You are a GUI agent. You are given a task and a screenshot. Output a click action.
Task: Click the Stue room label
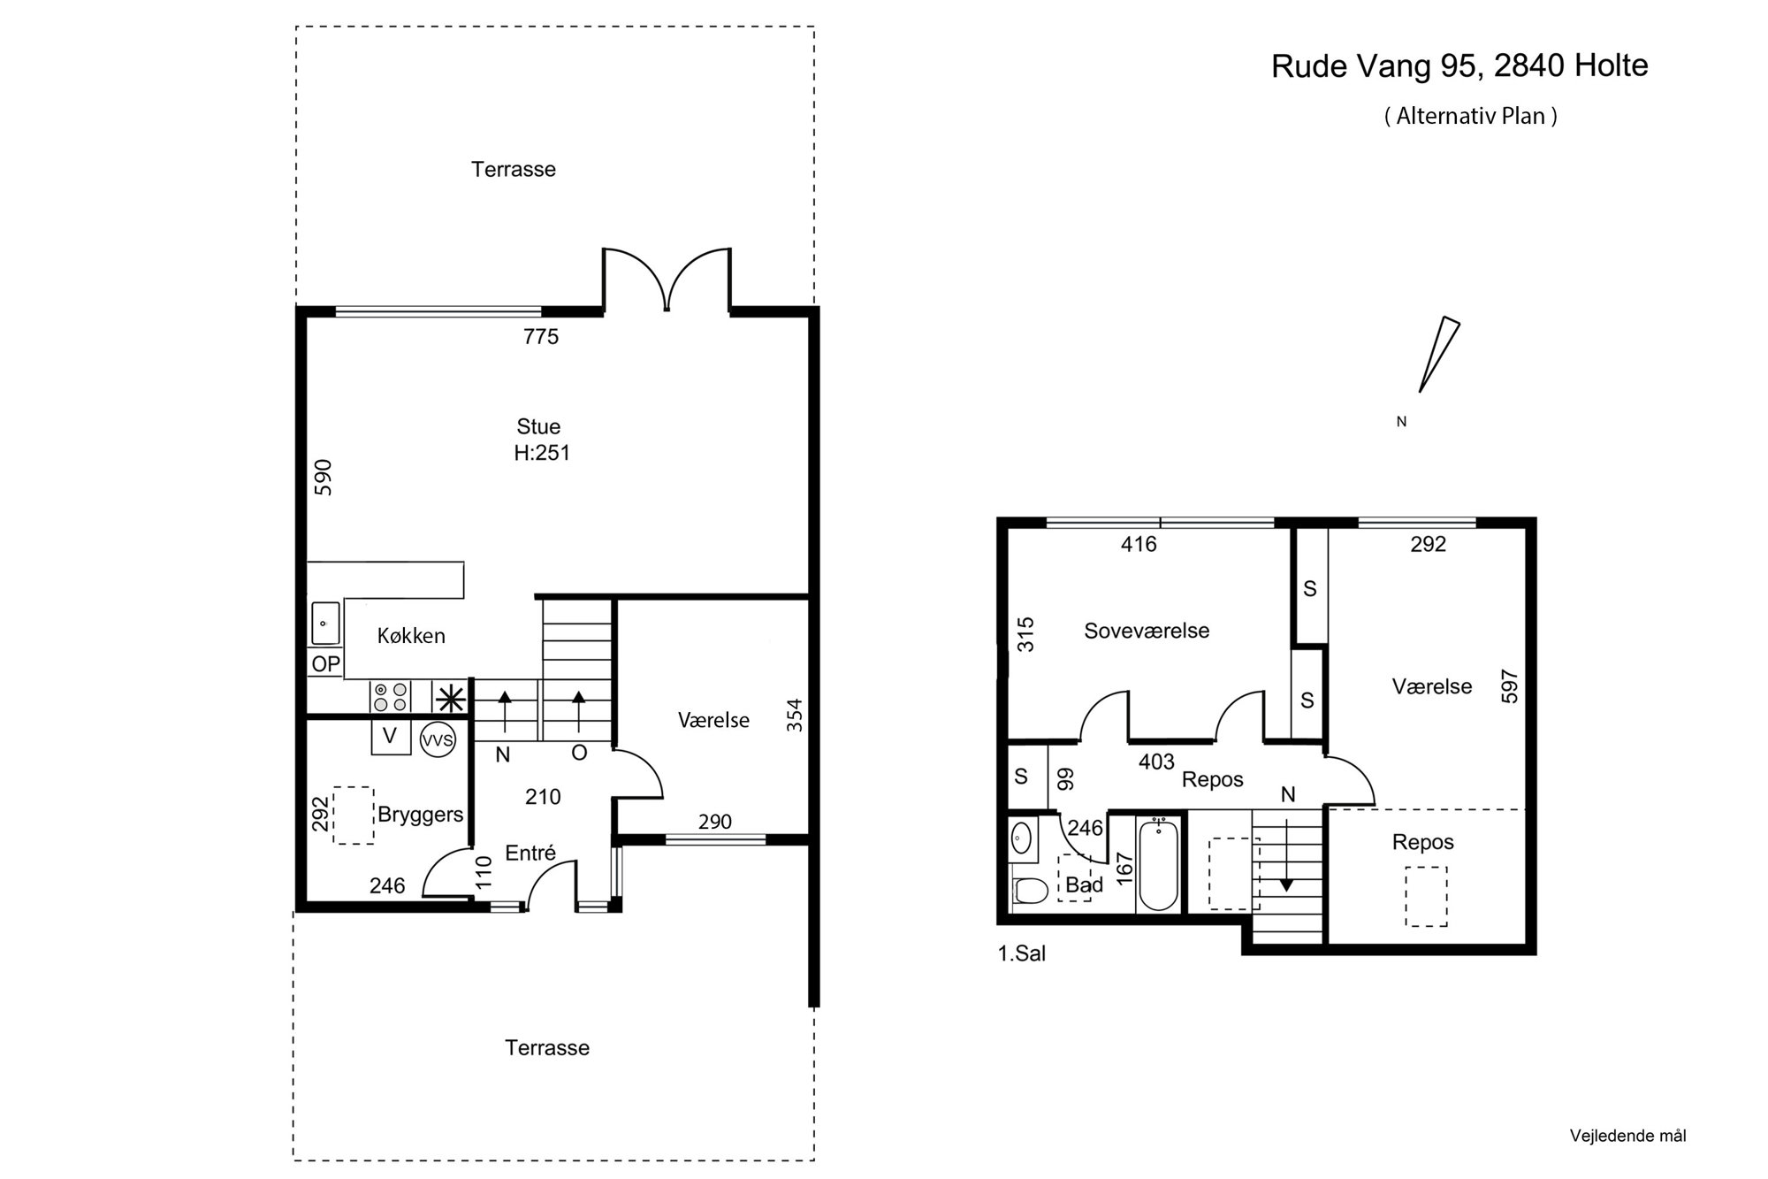click(x=538, y=426)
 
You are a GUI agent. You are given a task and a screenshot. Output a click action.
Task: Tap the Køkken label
click(x=411, y=636)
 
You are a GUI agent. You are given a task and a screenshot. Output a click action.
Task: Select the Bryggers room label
click(x=421, y=815)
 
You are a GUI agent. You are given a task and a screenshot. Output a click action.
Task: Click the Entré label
click(x=530, y=853)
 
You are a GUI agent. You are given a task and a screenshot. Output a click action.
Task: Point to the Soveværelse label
click(x=1147, y=631)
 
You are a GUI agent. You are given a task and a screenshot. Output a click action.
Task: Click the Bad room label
click(x=1084, y=884)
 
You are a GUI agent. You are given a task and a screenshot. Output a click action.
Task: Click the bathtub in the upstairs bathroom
click(x=1159, y=864)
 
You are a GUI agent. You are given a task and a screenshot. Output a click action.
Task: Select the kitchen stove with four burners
click(x=390, y=697)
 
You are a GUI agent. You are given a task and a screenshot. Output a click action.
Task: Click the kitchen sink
click(x=325, y=624)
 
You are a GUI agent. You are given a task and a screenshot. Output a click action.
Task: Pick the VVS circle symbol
click(x=437, y=739)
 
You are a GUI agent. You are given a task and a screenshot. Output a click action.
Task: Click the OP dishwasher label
click(x=326, y=664)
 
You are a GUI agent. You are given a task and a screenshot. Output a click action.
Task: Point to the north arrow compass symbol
click(x=1438, y=354)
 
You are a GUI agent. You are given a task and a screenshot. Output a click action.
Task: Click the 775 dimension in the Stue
click(x=541, y=336)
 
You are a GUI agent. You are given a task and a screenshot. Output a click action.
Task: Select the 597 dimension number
click(x=1509, y=685)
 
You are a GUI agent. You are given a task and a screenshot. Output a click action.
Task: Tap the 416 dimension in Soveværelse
click(x=1139, y=544)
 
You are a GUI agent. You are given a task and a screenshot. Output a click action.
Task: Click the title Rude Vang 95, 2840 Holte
click(x=1459, y=65)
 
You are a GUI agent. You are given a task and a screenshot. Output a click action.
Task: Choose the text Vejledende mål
click(x=1627, y=1136)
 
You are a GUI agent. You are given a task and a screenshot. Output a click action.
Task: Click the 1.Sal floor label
click(x=1022, y=954)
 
